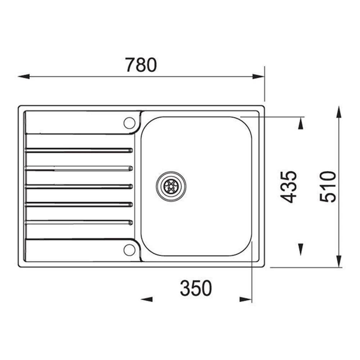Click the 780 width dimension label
[x=141, y=65]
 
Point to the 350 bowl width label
[x=196, y=288]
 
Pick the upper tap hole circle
[x=129, y=122]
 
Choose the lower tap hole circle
[x=129, y=249]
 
